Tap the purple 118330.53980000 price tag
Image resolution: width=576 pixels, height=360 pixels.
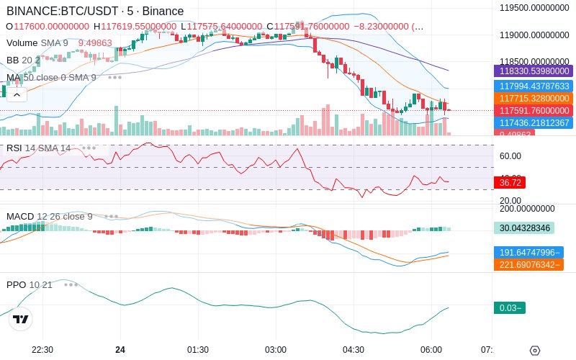click(532, 71)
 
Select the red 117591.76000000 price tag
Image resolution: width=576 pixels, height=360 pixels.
click(532, 111)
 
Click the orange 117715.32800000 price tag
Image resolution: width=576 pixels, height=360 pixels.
click(532, 99)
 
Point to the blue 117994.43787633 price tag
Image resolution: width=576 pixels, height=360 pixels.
click(532, 86)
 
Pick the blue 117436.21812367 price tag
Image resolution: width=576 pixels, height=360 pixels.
click(532, 123)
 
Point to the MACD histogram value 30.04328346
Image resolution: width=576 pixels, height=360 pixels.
click(523, 228)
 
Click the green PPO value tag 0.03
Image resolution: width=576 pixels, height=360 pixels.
click(509, 308)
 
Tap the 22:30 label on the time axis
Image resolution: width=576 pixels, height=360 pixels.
click(42, 350)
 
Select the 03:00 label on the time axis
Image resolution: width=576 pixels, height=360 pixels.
click(276, 350)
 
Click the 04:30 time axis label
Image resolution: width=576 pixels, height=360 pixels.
click(354, 350)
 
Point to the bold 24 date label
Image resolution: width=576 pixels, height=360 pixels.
click(120, 350)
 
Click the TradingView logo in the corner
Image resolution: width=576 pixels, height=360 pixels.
click(21, 320)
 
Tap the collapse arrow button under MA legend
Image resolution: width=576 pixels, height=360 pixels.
click(17, 94)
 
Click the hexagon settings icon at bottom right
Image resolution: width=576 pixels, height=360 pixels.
click(534, 351)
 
